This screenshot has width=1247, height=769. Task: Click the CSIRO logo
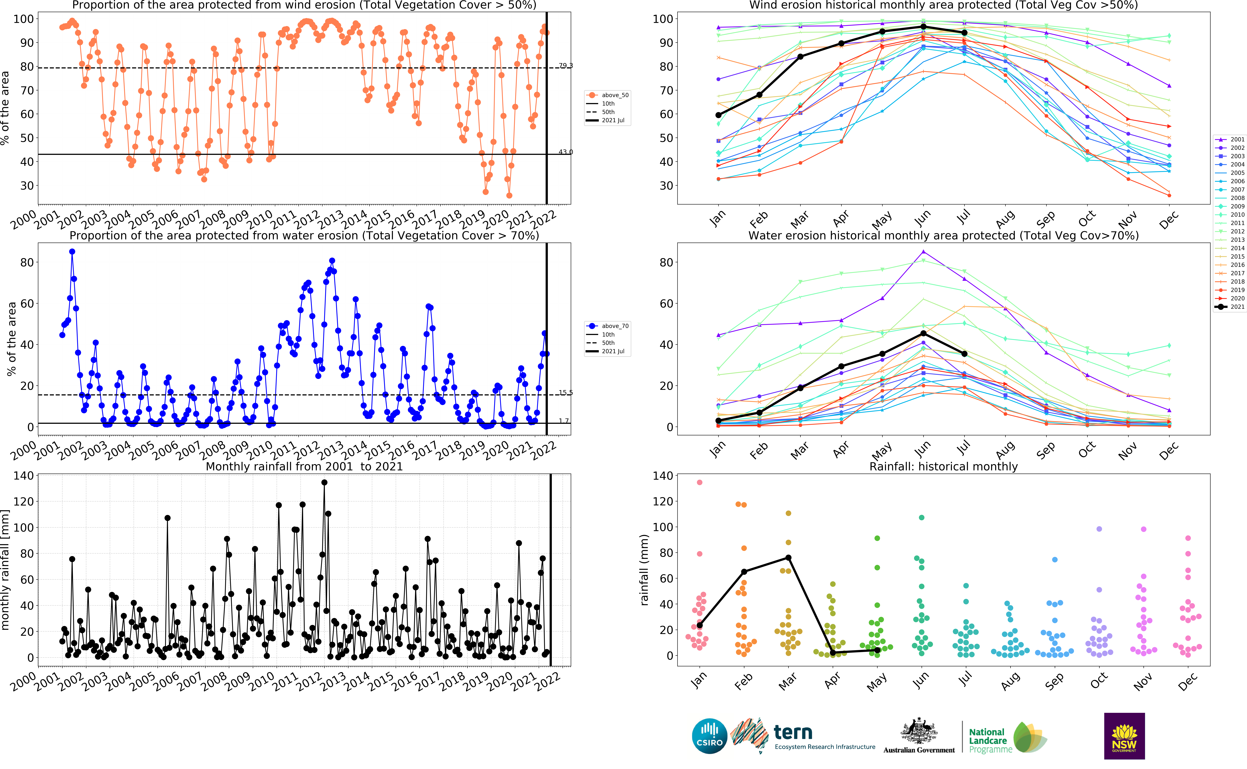coord(709,736)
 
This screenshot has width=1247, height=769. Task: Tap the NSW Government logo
coord(1124,736)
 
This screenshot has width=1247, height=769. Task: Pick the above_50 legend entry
coord(608,95)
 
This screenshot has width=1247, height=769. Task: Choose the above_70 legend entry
coord(608,326)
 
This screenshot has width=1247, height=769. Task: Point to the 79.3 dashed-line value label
coord(566,66)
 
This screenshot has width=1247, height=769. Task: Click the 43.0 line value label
coord(566,152)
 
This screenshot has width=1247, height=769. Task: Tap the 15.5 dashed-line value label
coord(566,393)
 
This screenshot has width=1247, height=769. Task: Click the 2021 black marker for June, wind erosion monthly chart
coord(923,26)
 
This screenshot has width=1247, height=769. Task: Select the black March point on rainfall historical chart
coord(788,557)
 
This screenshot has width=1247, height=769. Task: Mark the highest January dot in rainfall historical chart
coord(700,482)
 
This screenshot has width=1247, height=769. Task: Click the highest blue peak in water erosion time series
coord(72,252)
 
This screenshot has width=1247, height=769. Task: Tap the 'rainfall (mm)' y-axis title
coord(644,570)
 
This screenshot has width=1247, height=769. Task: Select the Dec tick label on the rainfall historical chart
coord(1188,680)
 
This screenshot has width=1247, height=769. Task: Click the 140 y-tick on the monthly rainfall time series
coord(23,476)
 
